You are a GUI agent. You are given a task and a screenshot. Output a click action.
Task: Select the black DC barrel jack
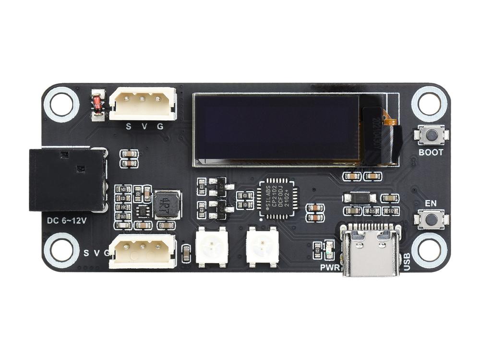(x=67, y=180)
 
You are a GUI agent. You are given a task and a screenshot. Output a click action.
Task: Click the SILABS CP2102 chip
(x=278, y=199)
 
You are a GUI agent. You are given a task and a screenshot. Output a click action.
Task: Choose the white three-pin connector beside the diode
(x=143, y=104)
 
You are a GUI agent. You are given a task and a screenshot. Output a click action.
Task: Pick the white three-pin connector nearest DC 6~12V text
(x=143, y=252)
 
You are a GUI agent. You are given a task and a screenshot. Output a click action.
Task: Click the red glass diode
(x=97, y=104)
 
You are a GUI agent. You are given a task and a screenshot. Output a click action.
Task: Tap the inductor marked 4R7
(x=166, y=204)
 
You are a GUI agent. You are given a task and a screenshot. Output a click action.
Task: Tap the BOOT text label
(x=431, y=153)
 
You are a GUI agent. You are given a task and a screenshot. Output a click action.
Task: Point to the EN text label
(x=431, y=203)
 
